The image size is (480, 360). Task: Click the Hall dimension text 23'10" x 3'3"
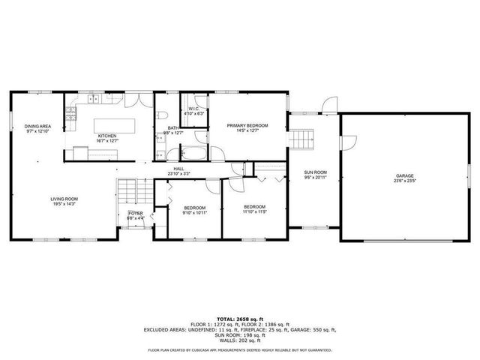coord(179,174)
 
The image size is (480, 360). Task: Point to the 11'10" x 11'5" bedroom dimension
coord(254,211)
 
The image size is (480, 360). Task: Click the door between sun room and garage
coord(341,142)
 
